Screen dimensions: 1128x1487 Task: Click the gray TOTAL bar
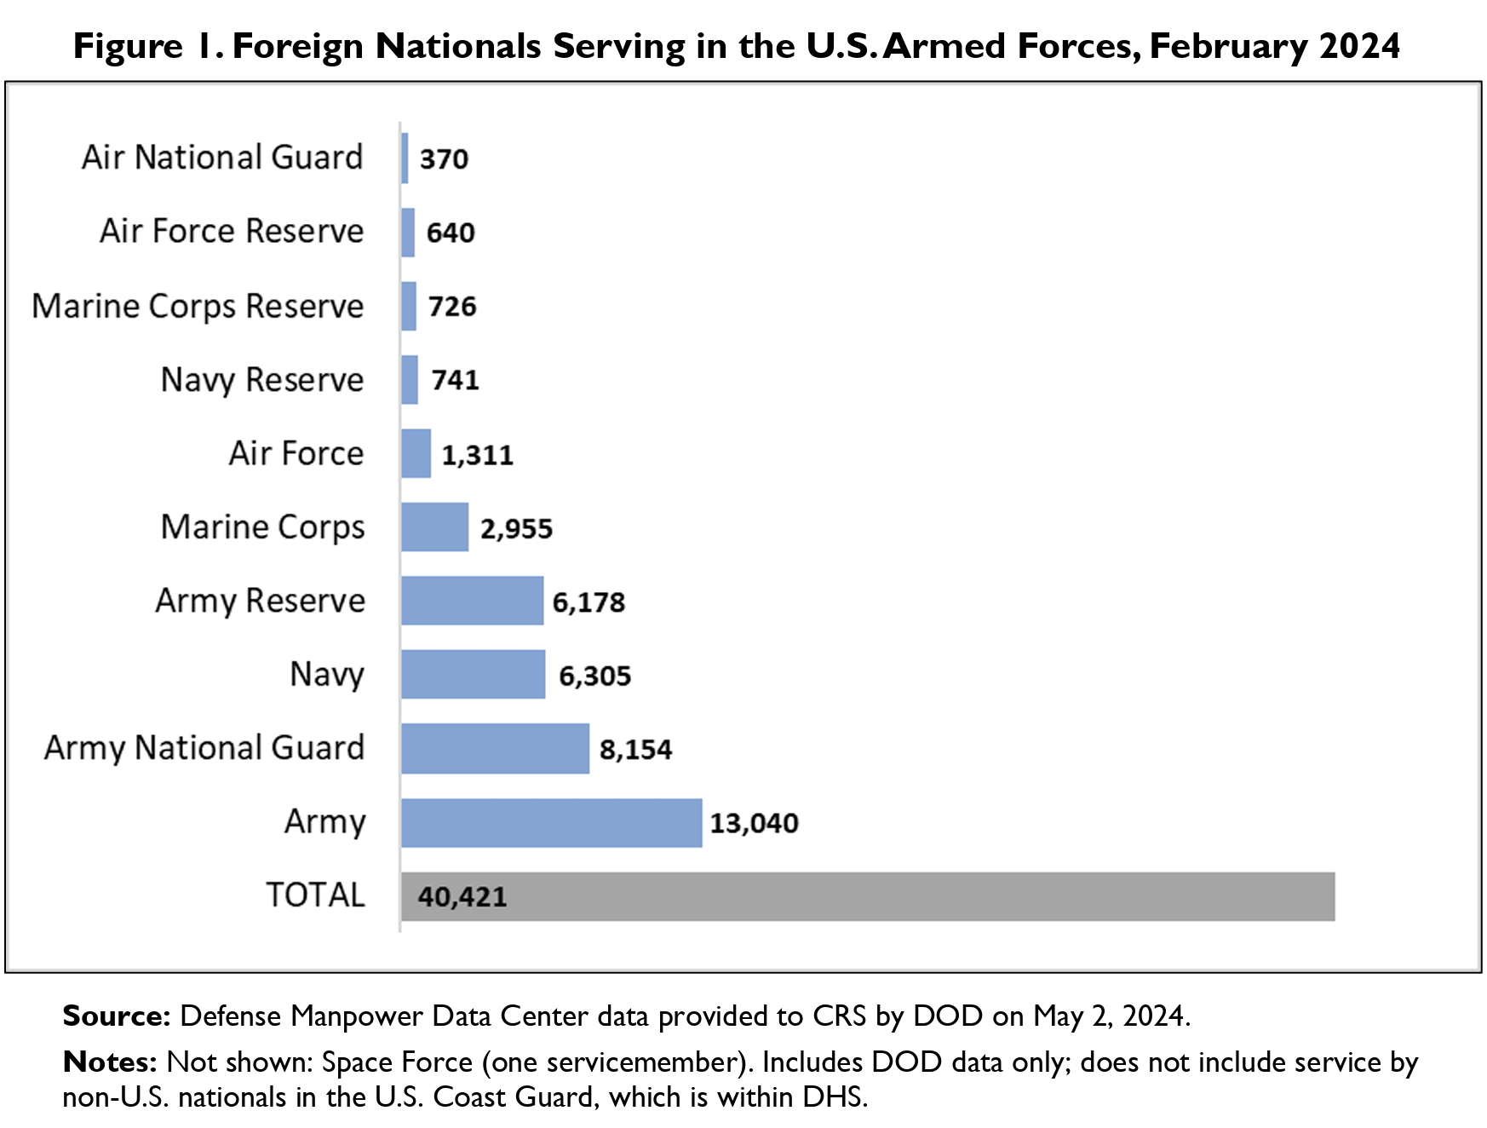[867, 896]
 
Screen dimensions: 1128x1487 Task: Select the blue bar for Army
[551, 823]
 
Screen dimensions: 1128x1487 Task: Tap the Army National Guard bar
[495, 749]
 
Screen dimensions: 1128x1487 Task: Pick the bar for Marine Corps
[434, 527]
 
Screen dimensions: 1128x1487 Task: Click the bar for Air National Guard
[405, 158]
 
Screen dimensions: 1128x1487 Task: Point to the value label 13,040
[754, 823]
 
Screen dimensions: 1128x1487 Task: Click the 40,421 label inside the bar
[462, 896]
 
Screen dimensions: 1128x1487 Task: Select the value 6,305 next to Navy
[594, 676]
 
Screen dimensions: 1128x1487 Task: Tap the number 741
[455, 380]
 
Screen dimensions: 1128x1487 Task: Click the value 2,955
[516, 528]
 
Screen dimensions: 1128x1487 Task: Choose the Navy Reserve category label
[262, 380]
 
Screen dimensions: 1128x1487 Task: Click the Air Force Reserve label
[232, 232]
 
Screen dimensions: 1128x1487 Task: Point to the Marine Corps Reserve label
[198, 306]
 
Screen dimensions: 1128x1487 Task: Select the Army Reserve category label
[260, 601]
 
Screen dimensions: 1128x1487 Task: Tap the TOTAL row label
[315, 895]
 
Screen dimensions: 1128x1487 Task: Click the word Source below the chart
[117, 1016]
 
